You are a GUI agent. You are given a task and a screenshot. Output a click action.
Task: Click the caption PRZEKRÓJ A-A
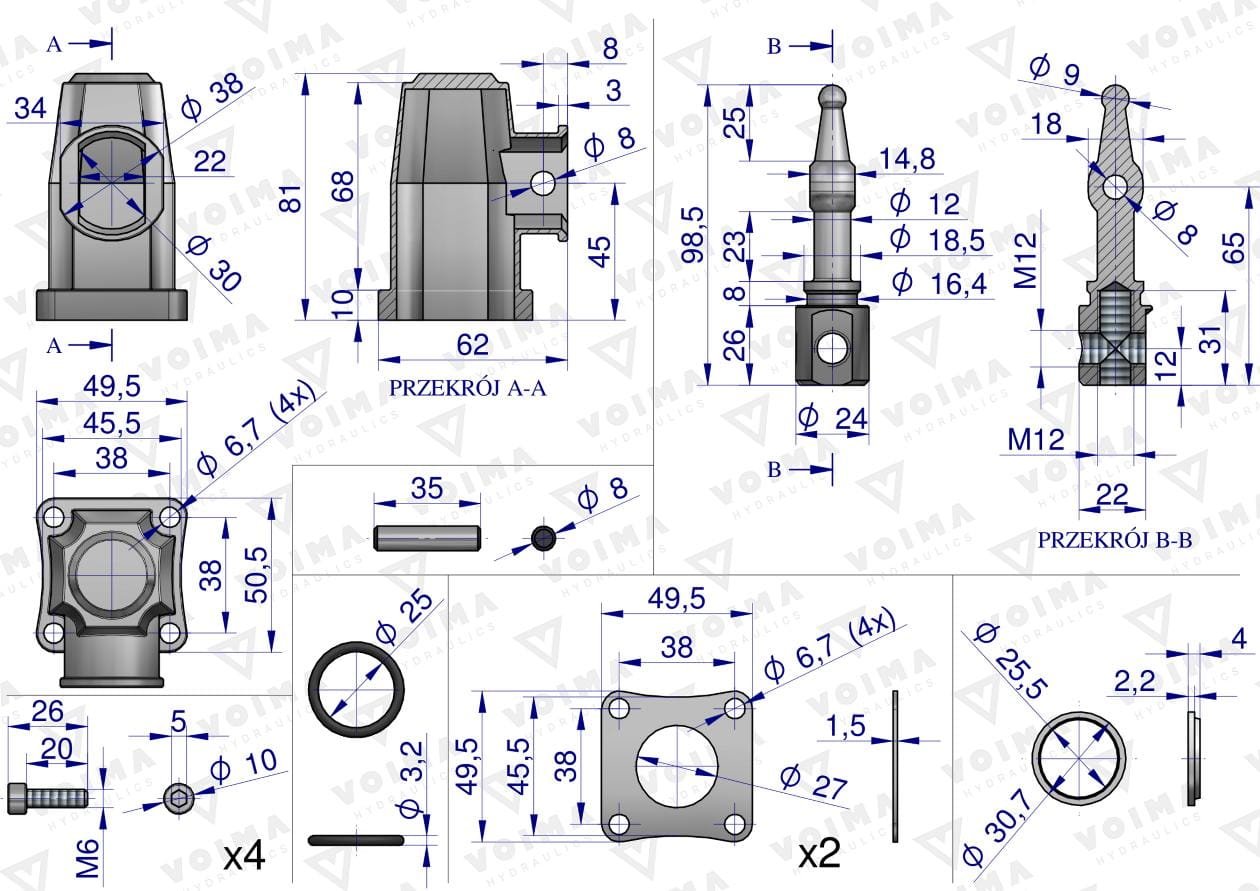468,389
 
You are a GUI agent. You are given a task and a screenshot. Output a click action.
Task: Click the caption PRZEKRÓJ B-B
1114,540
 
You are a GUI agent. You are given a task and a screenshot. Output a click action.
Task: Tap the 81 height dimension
291,200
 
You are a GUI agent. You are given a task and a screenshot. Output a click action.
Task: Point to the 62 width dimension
472,345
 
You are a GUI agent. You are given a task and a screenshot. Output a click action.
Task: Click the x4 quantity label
243,856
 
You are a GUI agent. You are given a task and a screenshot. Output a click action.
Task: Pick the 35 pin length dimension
427,489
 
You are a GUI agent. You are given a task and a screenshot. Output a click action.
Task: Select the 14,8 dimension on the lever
907,158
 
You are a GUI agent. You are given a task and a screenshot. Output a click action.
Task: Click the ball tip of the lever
833,96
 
